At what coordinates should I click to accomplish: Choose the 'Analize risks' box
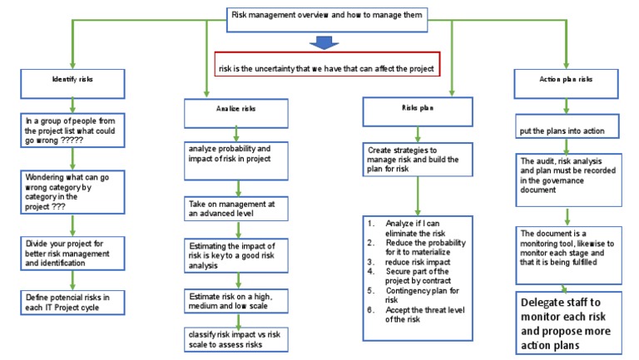pos(235,109)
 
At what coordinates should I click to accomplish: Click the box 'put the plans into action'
pos(567,130)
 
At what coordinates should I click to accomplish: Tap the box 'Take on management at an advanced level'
pos(235,207)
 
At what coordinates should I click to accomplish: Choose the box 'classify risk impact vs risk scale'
pos(235,339)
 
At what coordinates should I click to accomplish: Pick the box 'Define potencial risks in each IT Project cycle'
pos(72,302)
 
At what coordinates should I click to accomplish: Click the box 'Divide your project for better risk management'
pos(72,256)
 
